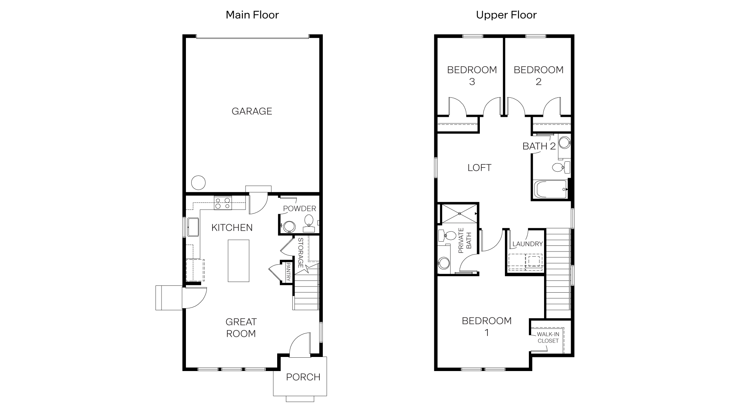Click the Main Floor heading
[x=252, y=15]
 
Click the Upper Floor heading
[x=506, y=15]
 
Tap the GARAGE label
[x=252, y=111]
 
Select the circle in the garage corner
[x=198, y=183]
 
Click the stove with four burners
[x=223, y=202]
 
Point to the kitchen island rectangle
[x=238, y=261]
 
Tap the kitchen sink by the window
[x=193, y=227]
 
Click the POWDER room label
[x=299, y=209]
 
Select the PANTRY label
[x=288, y=272]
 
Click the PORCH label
[x=303, y=377]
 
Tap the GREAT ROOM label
[x=241, y=328]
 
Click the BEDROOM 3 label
[x=472, y=75]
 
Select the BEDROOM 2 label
[x=538, y=75]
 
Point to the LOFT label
[x=479, y=167]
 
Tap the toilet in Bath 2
[x=560, y=167]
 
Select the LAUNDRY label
[x=527, y=244]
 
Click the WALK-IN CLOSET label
[x=548, y=338]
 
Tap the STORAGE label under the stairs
[x=300, y=253]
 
